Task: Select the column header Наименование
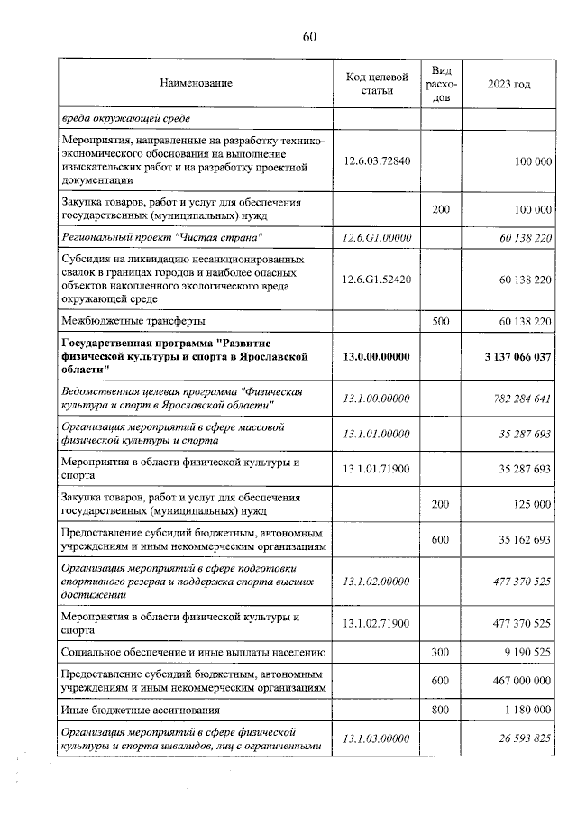point(196,84)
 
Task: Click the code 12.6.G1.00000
point(378,236)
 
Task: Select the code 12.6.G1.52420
point(378,280)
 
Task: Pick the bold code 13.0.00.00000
point(378,357)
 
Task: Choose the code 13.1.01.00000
point(378,435)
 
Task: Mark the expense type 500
point(441,321)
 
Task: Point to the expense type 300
point(441,651)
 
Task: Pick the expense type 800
point(441,710)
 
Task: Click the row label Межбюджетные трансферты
point(132,321)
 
